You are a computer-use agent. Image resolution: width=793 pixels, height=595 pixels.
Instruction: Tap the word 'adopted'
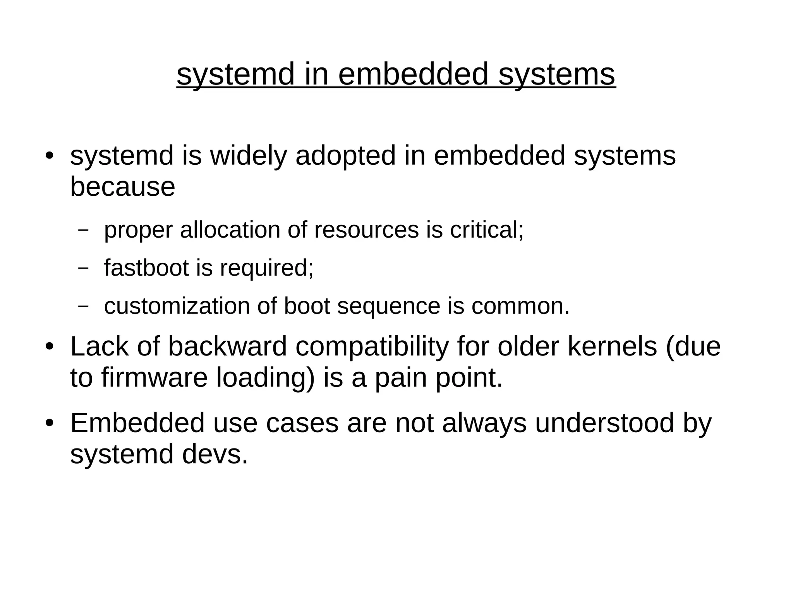pos(345,155)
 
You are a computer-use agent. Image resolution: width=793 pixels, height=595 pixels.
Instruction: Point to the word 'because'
pos(122,187)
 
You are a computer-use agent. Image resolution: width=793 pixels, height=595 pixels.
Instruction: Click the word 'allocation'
pos(230,230)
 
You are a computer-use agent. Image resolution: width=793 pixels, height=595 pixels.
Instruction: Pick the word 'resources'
pos(366,230)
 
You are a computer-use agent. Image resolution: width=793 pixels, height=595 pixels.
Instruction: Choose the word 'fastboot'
pos(146,268)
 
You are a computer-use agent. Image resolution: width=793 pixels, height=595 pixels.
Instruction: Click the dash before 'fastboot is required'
pos(83,268)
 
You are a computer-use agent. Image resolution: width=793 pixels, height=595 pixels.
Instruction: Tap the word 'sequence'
pos(388,306)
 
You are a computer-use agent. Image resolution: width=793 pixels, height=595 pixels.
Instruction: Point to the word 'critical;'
pos(487,230)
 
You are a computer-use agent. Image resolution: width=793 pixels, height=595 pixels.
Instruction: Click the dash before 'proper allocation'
pos(83,230)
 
